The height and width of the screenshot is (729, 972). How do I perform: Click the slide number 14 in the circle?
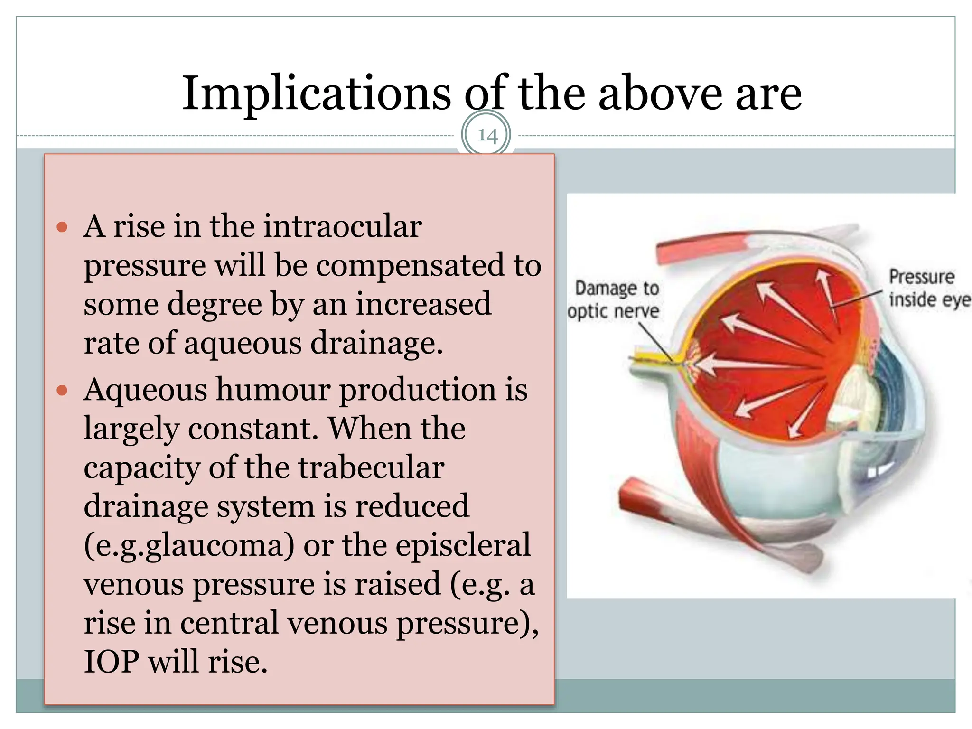(x=487, y=136)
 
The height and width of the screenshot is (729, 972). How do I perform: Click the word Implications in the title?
(x=317, y=93)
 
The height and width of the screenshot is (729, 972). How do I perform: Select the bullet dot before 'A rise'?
(x=62, y=227)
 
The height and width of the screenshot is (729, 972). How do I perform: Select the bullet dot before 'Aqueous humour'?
(x=62, y=391)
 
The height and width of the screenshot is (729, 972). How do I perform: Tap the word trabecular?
(x=371, y=468)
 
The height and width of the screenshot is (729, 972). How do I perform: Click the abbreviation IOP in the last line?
(x=112, y=662)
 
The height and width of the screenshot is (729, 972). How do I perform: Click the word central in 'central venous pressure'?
(x=229, y=623)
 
